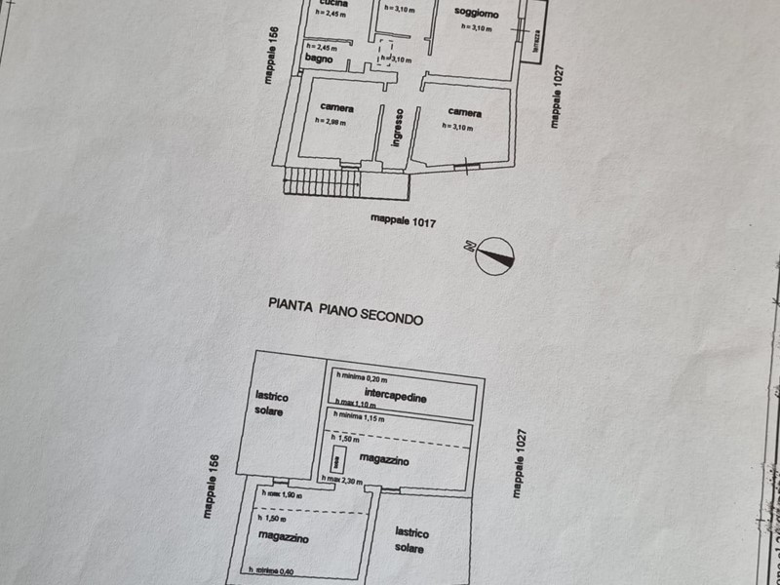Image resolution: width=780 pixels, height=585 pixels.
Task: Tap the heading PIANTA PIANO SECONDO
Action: tap(346, 311)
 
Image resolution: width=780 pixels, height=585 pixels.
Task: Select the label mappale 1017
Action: tap(403, 221)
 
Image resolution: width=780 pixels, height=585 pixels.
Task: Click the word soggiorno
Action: tap(477, 14)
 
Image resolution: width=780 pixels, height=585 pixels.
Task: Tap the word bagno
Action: tap(319, 59)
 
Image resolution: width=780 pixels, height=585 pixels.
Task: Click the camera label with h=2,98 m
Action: tap(337, 107)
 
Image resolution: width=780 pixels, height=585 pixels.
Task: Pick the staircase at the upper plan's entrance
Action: tap(322, 182)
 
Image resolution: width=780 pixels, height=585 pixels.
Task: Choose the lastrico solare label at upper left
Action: tap(270, 404)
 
